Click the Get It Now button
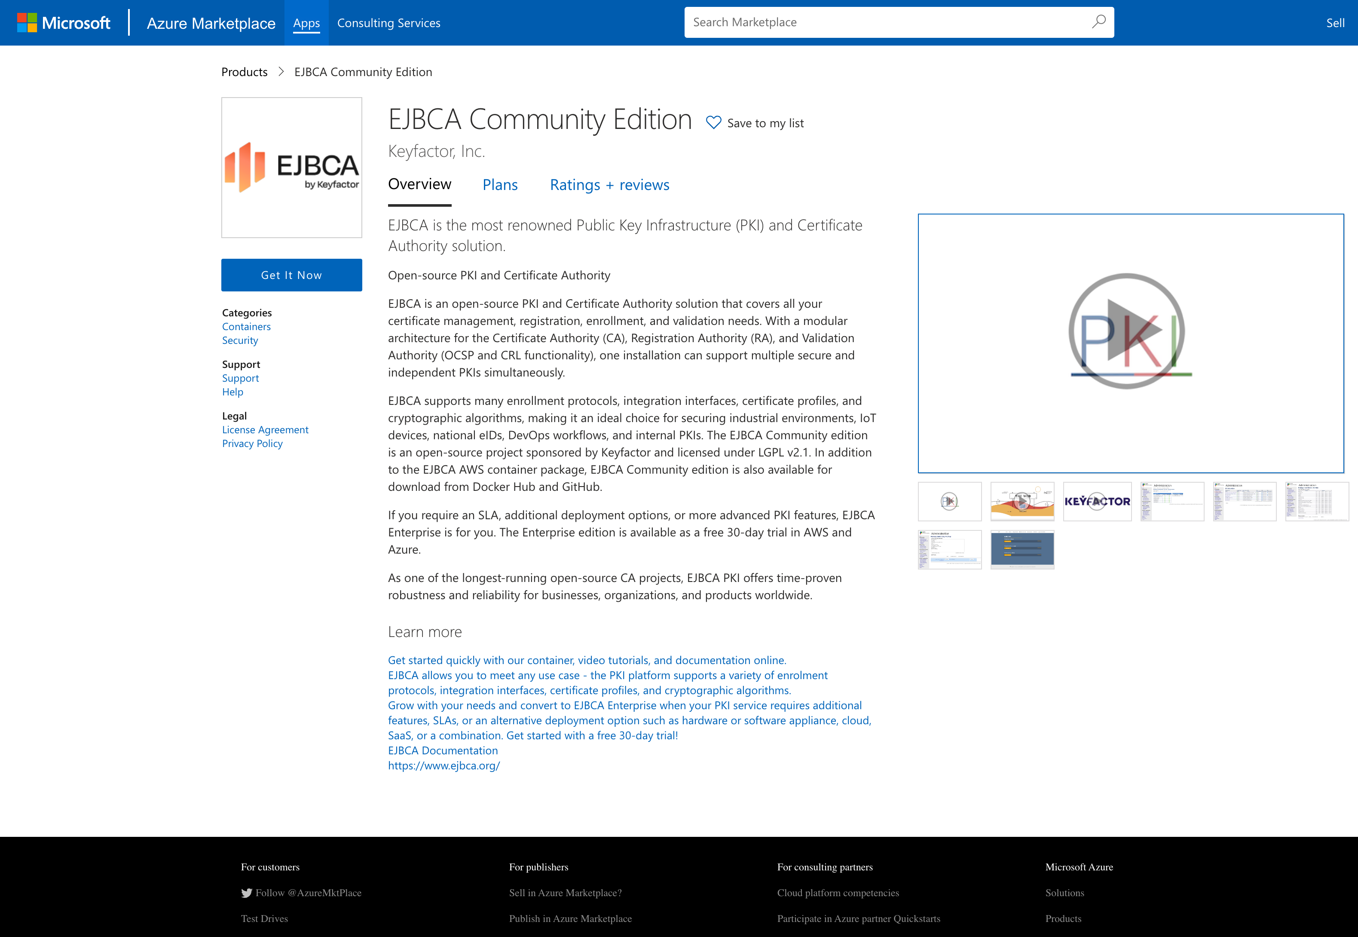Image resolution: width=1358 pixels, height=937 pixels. pos(291,275)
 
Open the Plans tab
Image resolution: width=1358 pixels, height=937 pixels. pos(500,185)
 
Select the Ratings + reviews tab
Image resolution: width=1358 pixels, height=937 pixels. pos(609,185)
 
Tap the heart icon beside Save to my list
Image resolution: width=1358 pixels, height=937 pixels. pos(713,122)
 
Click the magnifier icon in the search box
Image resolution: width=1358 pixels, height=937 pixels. pos(1098,22)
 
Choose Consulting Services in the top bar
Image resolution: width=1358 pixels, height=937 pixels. pos(388,23)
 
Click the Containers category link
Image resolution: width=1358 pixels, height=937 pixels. pos(246,326)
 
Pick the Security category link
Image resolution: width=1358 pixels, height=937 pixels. pos(239,340)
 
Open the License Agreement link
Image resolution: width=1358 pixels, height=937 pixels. pos(265,430)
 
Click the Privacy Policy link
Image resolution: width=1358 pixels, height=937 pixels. pos(252,444)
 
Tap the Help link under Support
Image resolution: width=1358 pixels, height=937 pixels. pos(232,392)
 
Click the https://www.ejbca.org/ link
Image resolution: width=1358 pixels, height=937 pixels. pos(443,766)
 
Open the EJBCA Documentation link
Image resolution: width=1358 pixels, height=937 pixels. pos(443,750)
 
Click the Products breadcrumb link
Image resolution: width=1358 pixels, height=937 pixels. pos(244,72)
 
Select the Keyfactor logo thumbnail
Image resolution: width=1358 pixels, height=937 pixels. pos(1097,501)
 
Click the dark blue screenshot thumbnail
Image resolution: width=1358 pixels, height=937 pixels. pos(1022,549)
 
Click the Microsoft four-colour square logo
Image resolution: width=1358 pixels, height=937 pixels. pos(27,23)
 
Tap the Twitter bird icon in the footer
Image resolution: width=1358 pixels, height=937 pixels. pos(247,893)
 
